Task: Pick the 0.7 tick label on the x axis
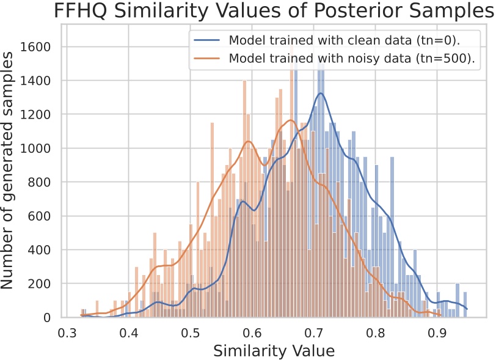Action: pos(315,333)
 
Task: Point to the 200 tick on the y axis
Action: pos(44,284)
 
